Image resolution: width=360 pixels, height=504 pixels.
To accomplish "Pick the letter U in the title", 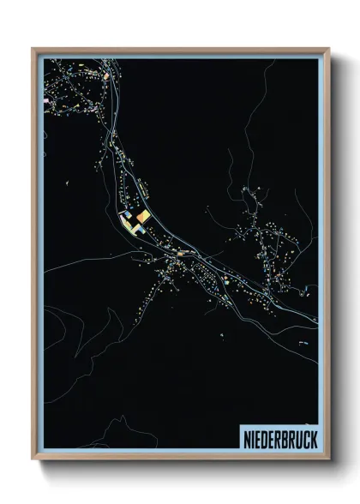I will point(297,436).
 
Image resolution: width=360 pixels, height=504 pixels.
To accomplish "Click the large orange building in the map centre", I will point(144,217).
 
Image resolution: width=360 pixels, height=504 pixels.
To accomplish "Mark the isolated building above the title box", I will point(302,342).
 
